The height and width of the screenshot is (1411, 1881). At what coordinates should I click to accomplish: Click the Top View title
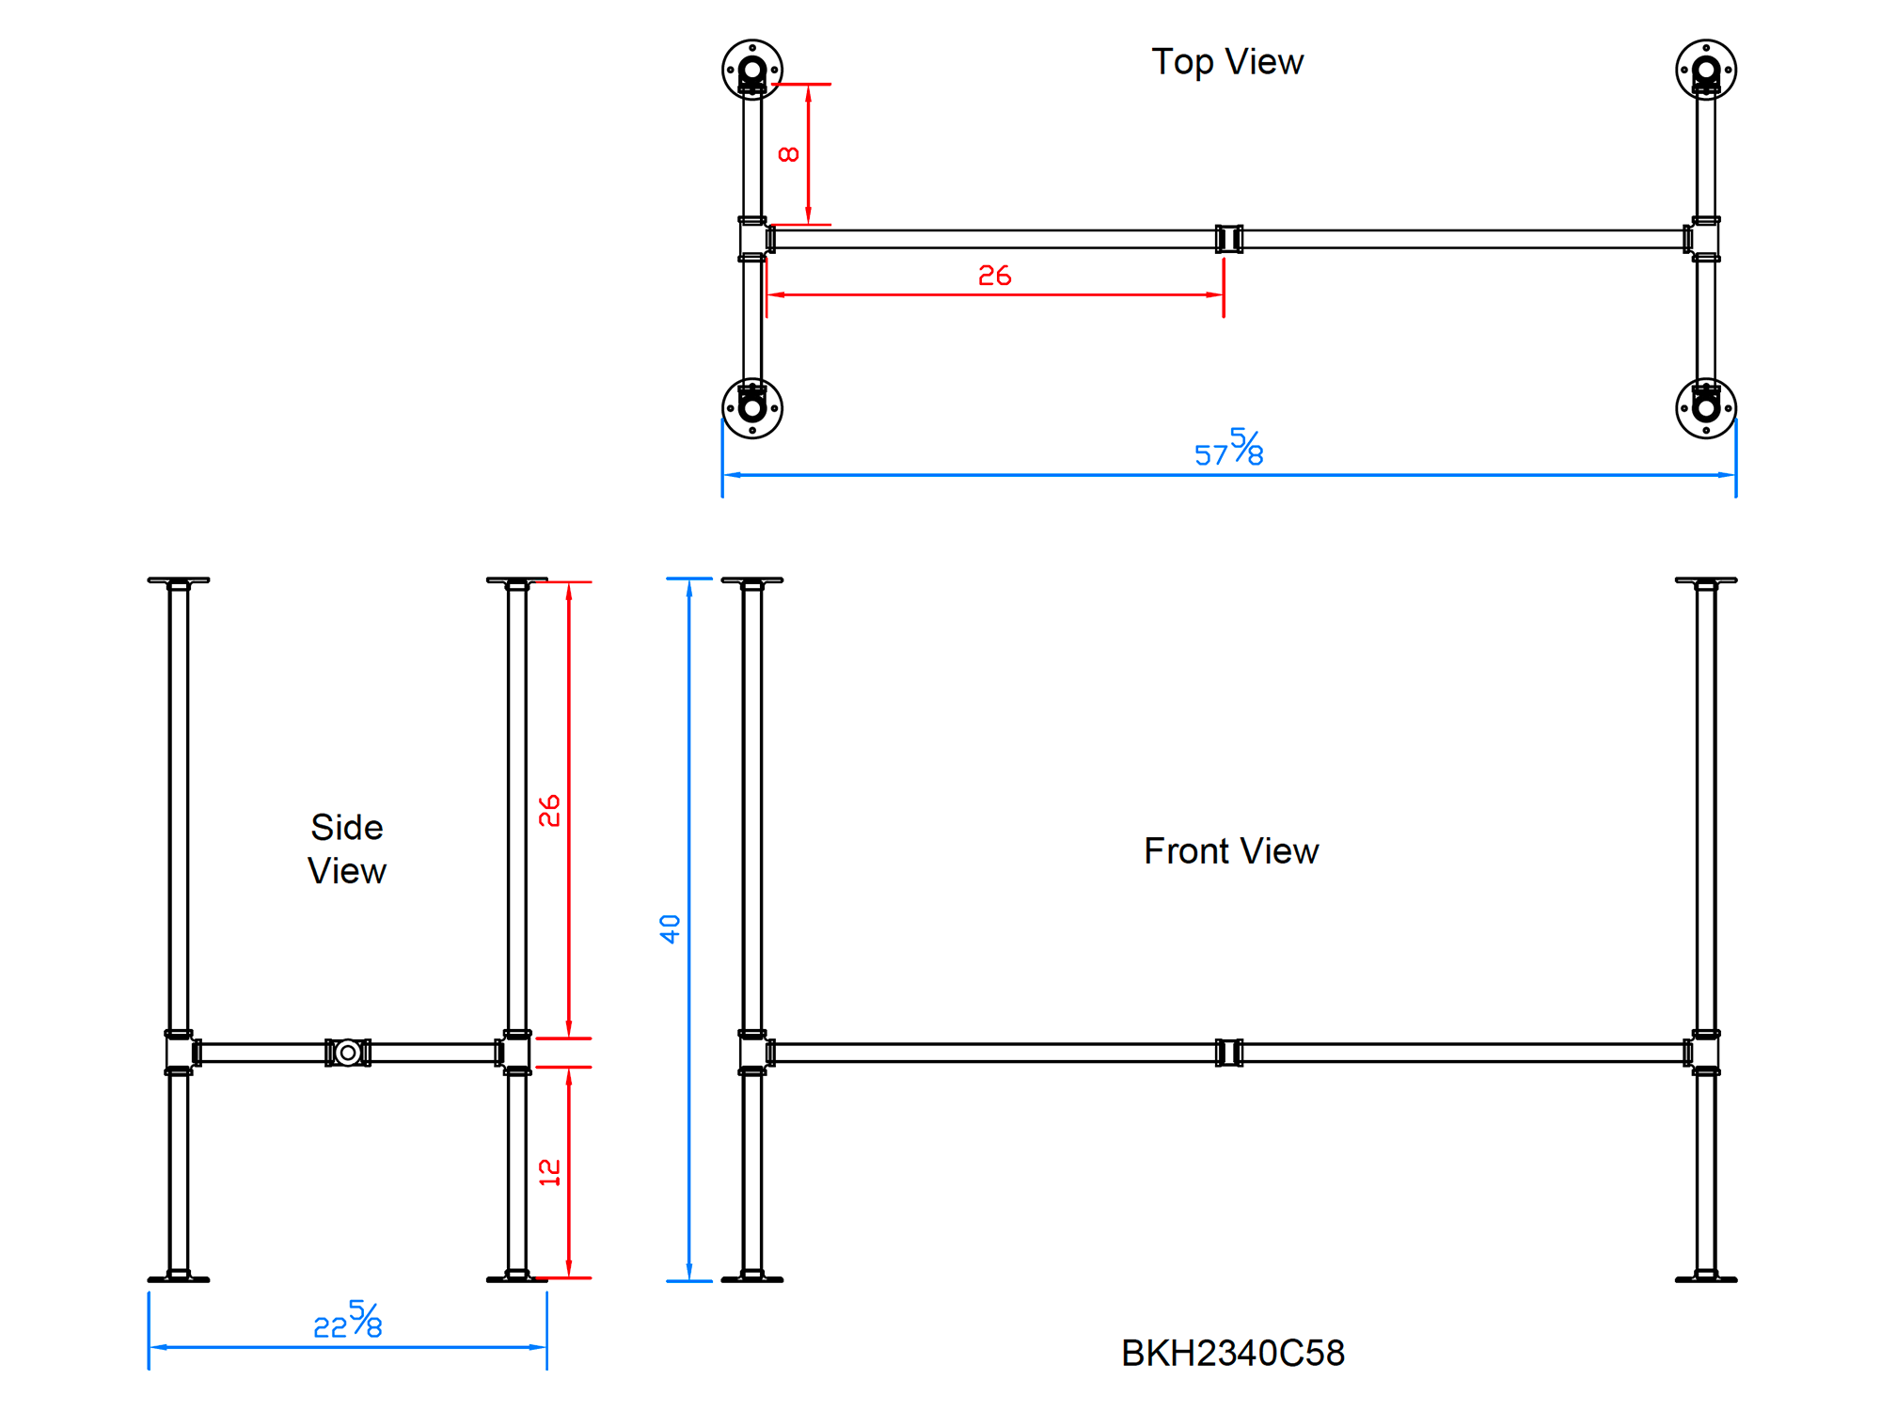click(1227, 62)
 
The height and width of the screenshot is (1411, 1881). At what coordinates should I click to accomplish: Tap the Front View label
click(1231, 851)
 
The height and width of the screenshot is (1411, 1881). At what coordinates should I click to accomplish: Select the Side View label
click(347, 848)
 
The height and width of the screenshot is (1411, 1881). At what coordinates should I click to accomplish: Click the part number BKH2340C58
click(1232, 1354)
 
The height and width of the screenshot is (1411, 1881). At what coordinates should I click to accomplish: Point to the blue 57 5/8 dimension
click(1229, 449)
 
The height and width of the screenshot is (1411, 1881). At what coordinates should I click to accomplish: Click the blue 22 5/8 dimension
click(348, 1321)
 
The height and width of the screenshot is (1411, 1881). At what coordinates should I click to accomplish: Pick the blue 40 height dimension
click(670, 928)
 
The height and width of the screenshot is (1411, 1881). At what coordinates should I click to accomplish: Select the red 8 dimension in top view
click(789, 154)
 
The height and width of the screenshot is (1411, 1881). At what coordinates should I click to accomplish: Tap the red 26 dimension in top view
click(994, 276)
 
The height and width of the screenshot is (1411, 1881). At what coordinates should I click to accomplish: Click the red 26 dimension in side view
click(549, 810)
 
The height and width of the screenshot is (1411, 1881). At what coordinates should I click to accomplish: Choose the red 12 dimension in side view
click(549, 1172)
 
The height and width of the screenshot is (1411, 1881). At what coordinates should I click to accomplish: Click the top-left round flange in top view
click(752, 70)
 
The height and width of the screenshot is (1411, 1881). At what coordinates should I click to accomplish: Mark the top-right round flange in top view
click(1706, 70)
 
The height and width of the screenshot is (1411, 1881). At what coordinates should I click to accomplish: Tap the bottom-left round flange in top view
click(752, 408)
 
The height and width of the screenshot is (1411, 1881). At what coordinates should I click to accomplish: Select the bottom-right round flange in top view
click(1706, 408)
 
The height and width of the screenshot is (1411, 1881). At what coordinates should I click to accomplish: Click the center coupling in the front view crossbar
click(1229, 1053)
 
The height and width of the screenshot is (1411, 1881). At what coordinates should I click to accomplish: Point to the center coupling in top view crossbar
click(1229, 239)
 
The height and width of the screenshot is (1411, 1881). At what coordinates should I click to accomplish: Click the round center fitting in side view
click(348, 1053)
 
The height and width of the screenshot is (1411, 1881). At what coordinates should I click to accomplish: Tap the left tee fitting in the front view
click(752, 1053)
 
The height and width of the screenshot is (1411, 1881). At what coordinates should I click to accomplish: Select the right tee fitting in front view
click(1705, 1053)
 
